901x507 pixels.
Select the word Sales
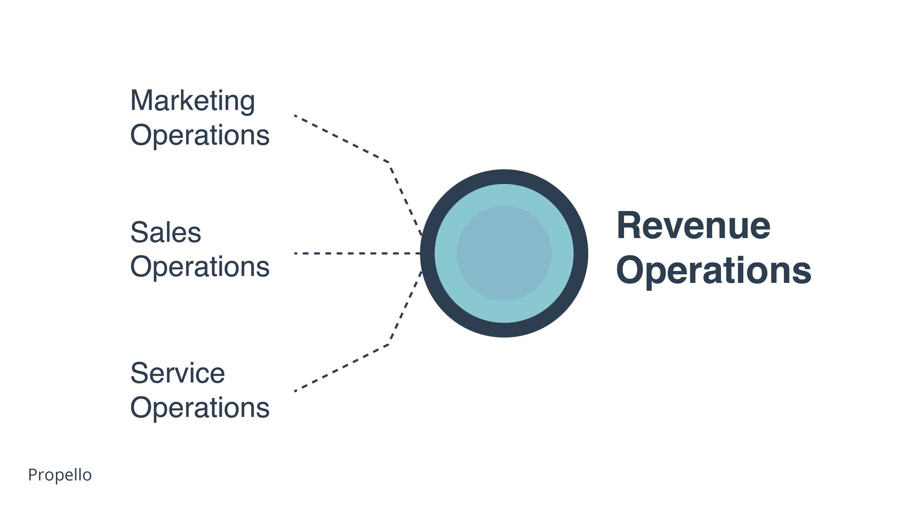[166, 232]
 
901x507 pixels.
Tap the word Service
[177, 373]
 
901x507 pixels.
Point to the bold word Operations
[714, 270]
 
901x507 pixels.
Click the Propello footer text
[60, 475]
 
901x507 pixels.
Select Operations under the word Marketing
[200, 135]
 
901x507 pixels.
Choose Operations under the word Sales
[200, 266]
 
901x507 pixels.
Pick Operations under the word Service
[200, 407]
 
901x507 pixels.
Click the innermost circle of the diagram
[504, 253]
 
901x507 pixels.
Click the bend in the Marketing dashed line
[389, 162]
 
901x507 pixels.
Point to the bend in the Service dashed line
[389, 344]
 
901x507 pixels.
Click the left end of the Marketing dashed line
[295, 116]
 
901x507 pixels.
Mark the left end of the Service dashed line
[295, 391]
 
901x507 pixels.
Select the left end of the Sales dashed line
[295, 253]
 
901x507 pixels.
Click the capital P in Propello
[32, 475]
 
